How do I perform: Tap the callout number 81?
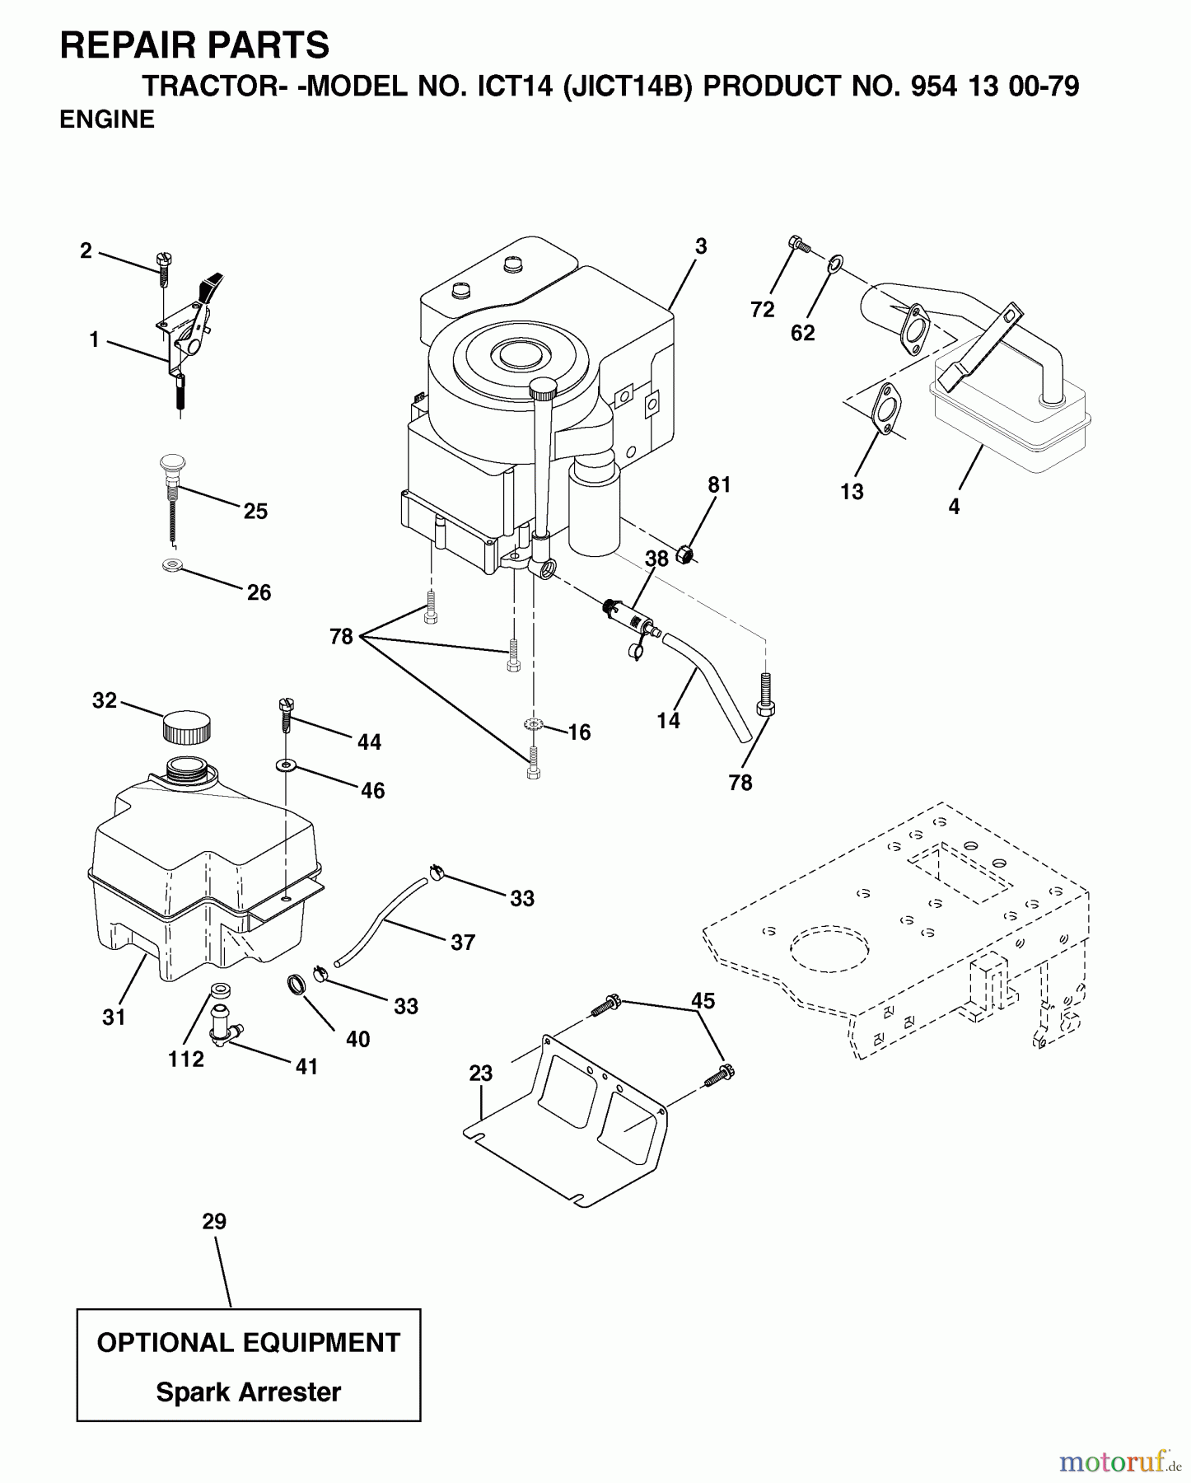pyautogui.click(x=719, y=485)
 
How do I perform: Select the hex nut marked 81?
pyautogui.click(x=683, y=555)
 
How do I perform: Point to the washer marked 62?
pyautogui.click(x=834, y=264)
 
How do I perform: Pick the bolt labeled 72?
pyautogui.click(x=798, y=245)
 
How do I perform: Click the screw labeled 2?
pyautogui.click(x=163, y=264)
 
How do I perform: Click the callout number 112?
pyautogui.click(x=185, y=1059)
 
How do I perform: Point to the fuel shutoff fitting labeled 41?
pyautogui.click(x=224, y=1025)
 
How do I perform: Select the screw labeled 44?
pyautogui.click(x=286, y=713)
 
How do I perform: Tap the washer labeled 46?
pyautogui.click(x=286, y=765)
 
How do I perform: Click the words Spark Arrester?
pyautogui.click(x=248, y=1392)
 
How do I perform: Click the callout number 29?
pyautogui.click(x=214, y=1221)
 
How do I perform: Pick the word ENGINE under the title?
pyautogui.click(x=107, y=120)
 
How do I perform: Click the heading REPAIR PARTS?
pyautogui.click(x=194, y=45)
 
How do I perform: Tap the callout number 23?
pyautogui.click(x=480, y=1074)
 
